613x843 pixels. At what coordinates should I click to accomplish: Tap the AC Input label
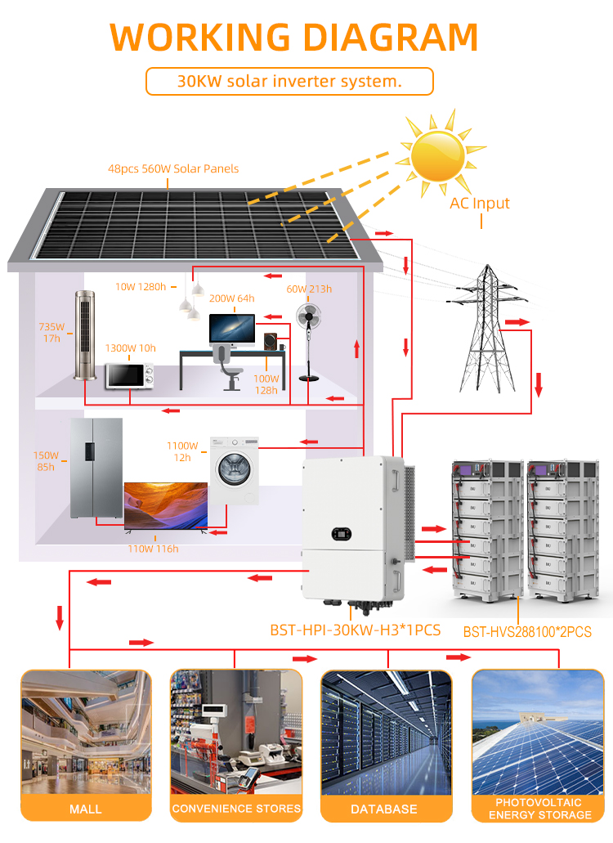point(480,204)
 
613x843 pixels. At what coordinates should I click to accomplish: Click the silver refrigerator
point(96,468)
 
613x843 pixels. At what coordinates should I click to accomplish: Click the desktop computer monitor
point(231,329)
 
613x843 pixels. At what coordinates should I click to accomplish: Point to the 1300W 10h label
point(130,348)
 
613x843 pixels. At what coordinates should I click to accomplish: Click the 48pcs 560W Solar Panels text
point(173,169)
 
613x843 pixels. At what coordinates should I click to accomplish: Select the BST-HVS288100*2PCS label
point(527,632)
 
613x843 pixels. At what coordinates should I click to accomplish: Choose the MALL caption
point(85,809)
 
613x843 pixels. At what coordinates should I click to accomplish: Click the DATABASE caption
point(383,809)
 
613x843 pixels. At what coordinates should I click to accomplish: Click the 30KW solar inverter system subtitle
point(289,82)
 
